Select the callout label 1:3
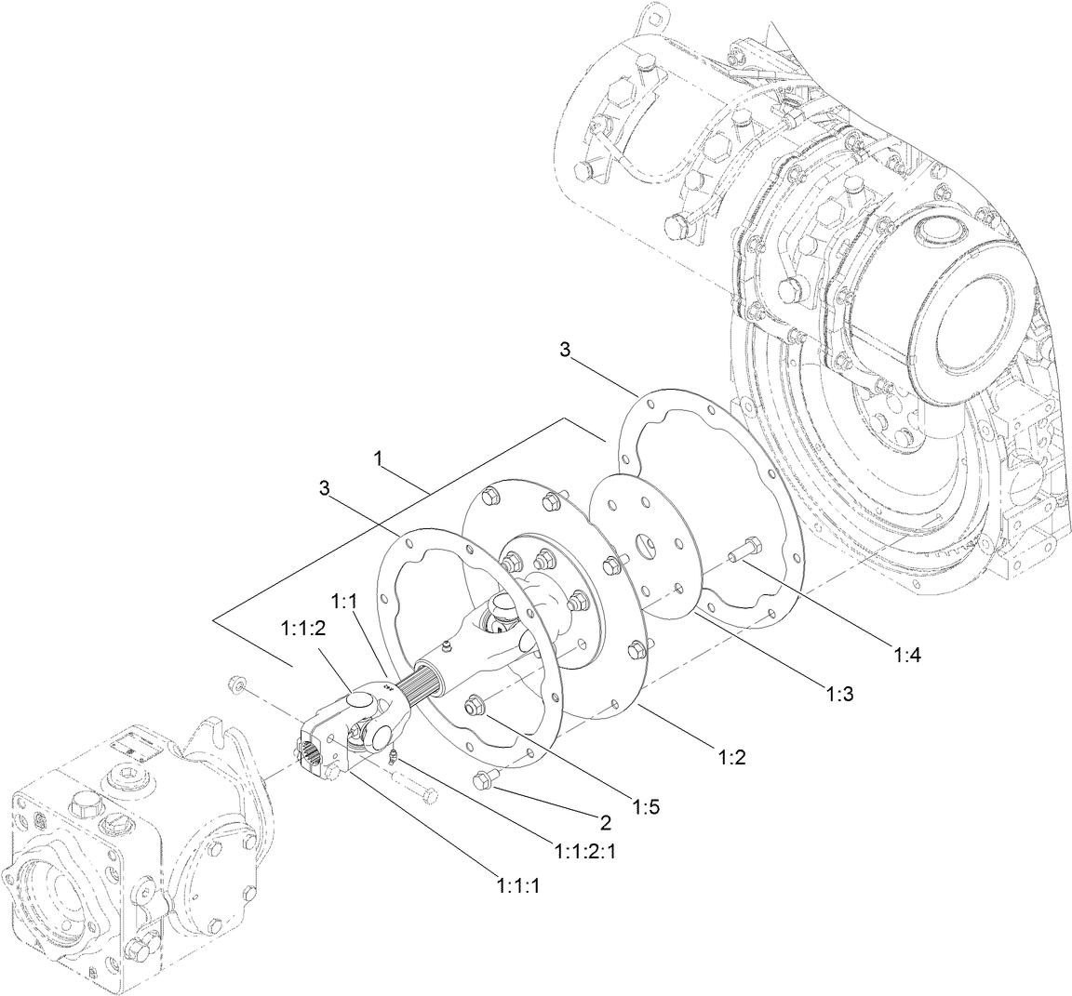(838, 693)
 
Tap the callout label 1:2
(732, 757)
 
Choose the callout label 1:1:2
(302, 629)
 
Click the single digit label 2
(605, 822)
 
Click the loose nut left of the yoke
(237, 686)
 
